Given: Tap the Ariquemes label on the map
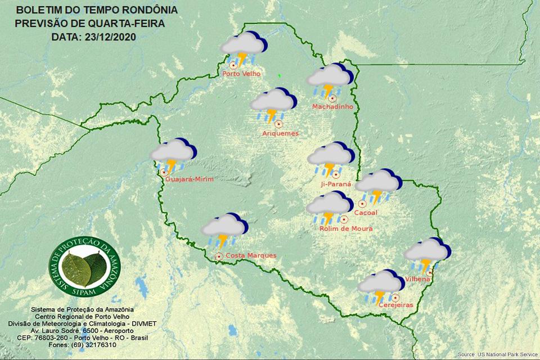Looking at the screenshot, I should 280,133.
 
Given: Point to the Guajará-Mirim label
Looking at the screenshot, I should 191,179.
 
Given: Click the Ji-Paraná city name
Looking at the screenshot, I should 335,183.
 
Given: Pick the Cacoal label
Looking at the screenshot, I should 366,213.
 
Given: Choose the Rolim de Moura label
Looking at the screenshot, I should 346,229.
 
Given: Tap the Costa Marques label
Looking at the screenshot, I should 250,255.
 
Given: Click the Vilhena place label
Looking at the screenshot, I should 418,279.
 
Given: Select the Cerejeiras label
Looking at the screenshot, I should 396,305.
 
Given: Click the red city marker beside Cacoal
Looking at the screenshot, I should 362,204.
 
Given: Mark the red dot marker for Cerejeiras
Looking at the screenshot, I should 395,297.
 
